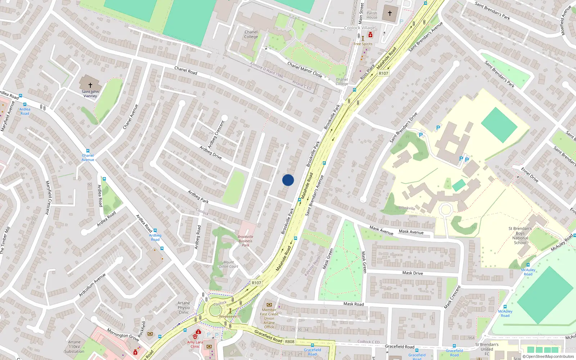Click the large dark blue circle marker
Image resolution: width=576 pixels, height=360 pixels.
pyautogui.click(x=288, y=180)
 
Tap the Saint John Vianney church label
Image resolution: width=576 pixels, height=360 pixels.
pyautogui.click(x=90, y=94)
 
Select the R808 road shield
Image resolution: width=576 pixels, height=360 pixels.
pyautogui.click(x=290, y=342)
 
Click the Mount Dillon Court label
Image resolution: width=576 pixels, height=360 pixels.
pyautogui.click(x=229, y=264)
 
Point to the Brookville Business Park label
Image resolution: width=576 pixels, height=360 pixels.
pyautogui.click(x=246, y=241)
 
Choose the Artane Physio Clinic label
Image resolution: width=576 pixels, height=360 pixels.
pyautogui.click(x=184, y=307)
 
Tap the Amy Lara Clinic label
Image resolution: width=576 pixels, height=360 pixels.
pyautogui.click(x=195, y=344)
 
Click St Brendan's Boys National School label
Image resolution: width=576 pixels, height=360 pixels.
pyautogui.click(x=520, y=235)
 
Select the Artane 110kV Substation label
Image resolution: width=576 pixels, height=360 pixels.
pyautogui.click(x=75, y=347)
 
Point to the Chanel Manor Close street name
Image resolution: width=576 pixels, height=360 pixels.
pyautogui.click(x=305, y=69)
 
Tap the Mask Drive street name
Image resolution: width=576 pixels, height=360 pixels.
pyautogui.click(x=413, y=273)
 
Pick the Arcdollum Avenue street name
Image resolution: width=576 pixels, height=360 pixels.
pyautogui.click(x=93, y=285)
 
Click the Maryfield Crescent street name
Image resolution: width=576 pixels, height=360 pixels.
pyautogui.click(x=47, y=198)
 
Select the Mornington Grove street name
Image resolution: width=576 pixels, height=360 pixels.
pyautogui.click(x=123, y=335)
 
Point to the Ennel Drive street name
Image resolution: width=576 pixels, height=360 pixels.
pyautogui.click(x=530, y=175)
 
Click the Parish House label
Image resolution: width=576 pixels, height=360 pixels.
pyautogui.click(x=372, y=15)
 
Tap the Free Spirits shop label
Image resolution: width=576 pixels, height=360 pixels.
pyautogui.click(x=363, y=44)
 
